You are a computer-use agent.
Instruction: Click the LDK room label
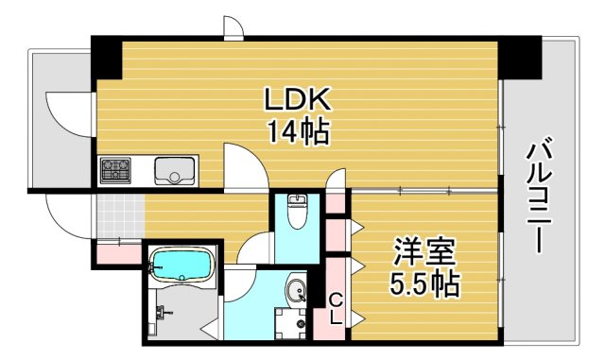[x=296, y=99]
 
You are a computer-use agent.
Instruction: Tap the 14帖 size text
[x=296, y=131]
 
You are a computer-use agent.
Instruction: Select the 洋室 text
[x=425, y=253]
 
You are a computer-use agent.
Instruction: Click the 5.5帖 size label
[x=425, y=283]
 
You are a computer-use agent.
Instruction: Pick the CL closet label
[x=335, y=309]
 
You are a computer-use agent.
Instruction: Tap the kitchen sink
[x=175, y=171]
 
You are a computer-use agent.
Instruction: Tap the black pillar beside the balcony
[x=518, y=59]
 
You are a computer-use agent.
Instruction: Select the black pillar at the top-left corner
[x=107, y=60]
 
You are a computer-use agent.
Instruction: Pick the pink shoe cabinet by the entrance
[x=115, y=251]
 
